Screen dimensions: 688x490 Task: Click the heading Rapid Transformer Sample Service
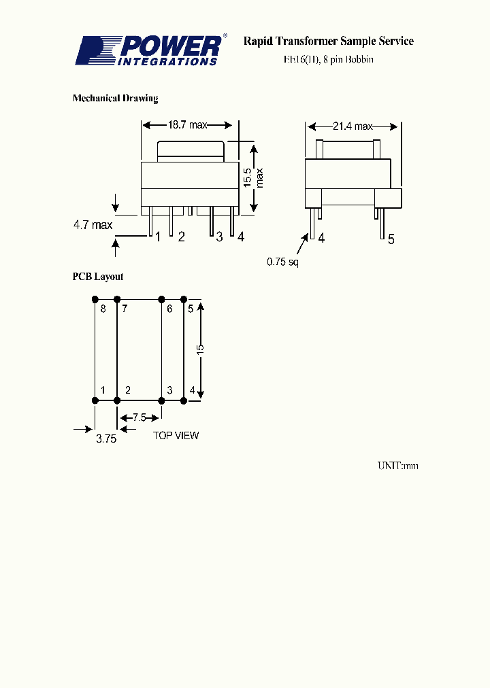pos(328,41)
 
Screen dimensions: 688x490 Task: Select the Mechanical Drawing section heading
pos(115,99)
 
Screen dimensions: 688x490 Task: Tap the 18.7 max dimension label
pos(187,125)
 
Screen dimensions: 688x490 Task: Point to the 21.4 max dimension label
pos(353,126)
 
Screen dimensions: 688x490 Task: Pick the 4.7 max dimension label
pos(93,224)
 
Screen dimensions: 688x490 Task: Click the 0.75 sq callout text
pos(282,261)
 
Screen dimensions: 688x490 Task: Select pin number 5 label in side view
pos(391,239)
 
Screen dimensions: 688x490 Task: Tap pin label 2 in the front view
pos(182,237)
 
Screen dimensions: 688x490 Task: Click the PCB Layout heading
pos(98,277)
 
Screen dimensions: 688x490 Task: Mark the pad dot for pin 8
pos(95,299)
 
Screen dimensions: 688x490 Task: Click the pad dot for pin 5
pos(184,299)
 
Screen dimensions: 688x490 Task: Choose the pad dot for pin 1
pos(95,401)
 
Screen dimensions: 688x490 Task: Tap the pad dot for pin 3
pos(162,401)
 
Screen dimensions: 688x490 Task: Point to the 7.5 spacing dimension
pos(139,417)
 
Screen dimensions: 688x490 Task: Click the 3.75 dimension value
pos(105,439)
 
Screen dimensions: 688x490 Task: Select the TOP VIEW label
pos(176,435)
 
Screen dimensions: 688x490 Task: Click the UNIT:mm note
pos(397,466)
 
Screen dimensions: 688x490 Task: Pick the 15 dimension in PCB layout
pos(199,349)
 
